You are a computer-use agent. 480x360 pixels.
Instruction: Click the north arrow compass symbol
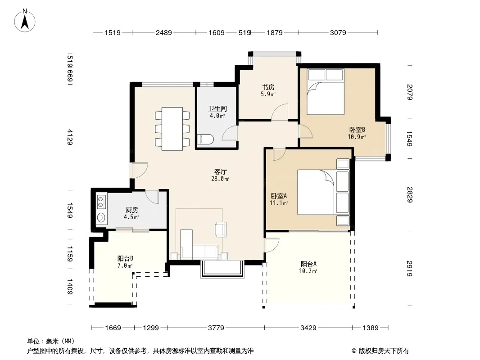coord(25,21)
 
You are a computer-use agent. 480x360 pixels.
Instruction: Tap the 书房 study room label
coord(268,87)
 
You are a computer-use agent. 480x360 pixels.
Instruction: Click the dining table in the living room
coord(172,128)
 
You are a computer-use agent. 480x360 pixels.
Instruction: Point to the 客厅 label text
coord(220,171)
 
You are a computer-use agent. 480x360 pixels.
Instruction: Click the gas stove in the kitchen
coord(101,202)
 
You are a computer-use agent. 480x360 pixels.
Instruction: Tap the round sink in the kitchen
coord(101,217)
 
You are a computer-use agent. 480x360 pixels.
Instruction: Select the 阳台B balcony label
coord(125,258)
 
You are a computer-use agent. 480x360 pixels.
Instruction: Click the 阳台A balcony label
coord(308,264)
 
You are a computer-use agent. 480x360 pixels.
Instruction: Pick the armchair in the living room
coord(221,229)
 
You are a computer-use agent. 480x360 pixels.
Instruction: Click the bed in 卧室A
coord(323,192)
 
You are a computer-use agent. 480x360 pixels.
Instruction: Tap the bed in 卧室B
coord(326,92)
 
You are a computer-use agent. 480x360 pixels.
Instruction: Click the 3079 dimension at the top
coord(338,32)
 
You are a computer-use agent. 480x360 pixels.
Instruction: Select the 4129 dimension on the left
coord(70,137)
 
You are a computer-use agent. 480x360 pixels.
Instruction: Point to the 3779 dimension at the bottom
coord(216,328)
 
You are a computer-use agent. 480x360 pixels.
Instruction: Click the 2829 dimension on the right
coord(410,194)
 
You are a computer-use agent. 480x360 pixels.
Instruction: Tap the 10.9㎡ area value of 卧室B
coord(357,137)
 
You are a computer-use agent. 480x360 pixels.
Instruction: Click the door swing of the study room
coord(280,112)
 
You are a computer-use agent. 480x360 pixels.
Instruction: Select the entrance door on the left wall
coord(139,170)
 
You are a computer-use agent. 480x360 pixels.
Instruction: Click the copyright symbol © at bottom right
coord(354,351)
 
